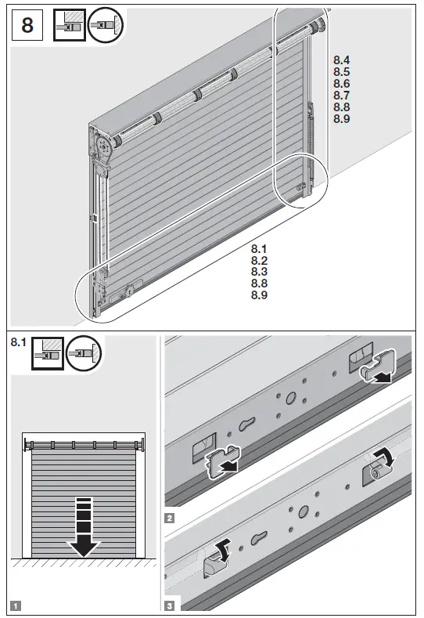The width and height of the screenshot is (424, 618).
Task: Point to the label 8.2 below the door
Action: click(260, 260)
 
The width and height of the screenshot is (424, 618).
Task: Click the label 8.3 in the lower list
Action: click(260, 272)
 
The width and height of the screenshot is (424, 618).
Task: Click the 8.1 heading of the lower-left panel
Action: click(17, 343)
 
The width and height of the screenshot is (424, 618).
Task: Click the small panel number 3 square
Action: click(169, 605)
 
